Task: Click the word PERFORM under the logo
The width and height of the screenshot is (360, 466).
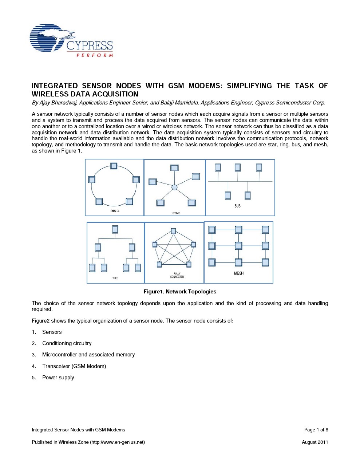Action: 95,55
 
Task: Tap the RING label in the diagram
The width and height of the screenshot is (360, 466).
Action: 115,211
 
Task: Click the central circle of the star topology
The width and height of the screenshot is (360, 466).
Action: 174,187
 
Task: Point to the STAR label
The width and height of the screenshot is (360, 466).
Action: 176,213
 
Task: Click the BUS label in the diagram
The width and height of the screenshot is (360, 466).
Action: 237,206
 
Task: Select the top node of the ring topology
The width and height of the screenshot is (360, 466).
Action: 114,166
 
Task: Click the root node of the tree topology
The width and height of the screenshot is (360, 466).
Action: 115,229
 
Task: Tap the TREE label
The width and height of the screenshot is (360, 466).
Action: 115,278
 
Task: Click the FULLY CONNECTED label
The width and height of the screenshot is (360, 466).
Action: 177,275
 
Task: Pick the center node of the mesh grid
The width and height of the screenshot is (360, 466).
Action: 238,246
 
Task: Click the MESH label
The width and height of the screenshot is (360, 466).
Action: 239,273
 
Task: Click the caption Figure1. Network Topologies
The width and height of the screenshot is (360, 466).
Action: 180,292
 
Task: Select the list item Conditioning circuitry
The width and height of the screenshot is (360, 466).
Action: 67,343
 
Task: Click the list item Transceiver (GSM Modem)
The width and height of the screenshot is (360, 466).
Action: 74,366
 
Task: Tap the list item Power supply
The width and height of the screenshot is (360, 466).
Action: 58,378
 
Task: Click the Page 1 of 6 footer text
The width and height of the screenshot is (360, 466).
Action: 316,430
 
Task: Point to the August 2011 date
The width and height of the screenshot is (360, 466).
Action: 315,442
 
